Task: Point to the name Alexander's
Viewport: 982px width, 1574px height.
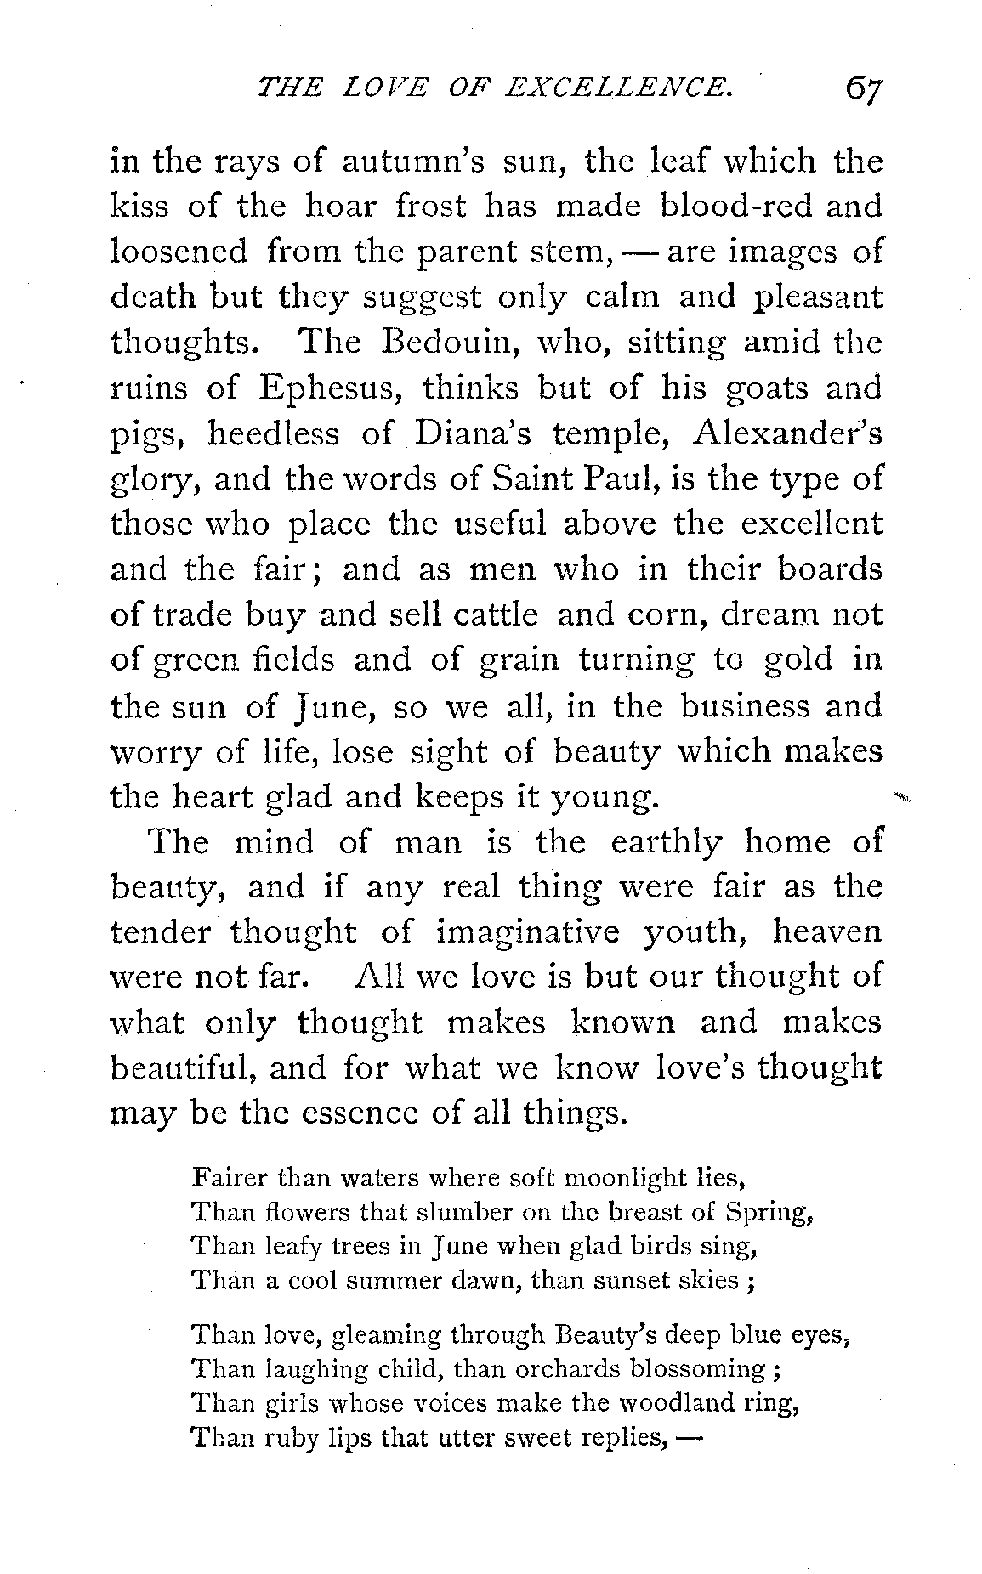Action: point(787,433)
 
